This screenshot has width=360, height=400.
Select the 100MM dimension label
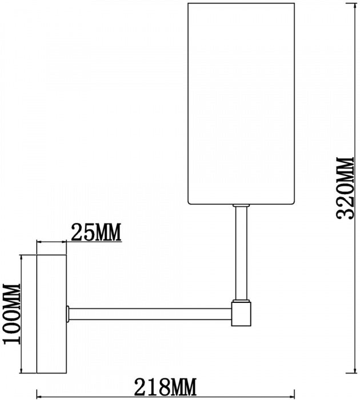click(12, 314)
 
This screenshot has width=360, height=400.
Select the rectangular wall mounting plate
click(51, 314)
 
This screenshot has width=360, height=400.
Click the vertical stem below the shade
click(240, 251)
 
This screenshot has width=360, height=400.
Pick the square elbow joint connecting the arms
click(242, 314)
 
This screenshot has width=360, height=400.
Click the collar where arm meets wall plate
click(68, 314)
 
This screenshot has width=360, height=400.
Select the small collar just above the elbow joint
click(240, 299)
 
